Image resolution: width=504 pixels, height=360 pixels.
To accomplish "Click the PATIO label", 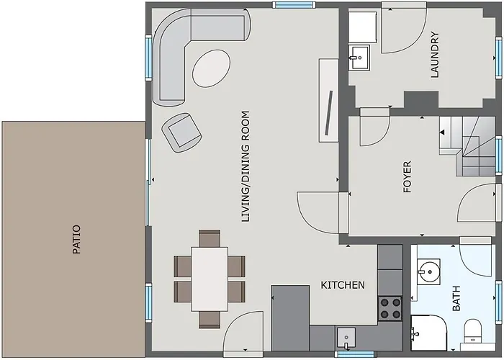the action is pos(76,240).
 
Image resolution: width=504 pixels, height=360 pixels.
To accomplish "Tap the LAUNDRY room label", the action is pos(435,54).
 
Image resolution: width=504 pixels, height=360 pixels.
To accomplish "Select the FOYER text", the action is pos(407,177).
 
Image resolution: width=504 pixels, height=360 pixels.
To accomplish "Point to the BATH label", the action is pos(456,298).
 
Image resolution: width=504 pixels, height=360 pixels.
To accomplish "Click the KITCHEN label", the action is pos(343,285).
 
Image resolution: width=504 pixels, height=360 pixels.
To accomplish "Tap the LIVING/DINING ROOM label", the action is pos(246,166).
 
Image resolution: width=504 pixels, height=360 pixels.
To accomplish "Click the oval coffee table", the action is pos(211,68).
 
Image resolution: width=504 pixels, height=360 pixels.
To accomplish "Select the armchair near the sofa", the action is pos(182,132).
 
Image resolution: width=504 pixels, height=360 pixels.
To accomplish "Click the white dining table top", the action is pos(210,279).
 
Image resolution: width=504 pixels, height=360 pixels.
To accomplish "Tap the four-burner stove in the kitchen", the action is pos(390,308).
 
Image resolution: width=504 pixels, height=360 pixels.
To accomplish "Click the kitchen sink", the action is pos(346,338).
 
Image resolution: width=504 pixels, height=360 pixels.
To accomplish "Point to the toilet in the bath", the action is pos(472,331).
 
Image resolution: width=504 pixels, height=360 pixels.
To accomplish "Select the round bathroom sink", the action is pos(428,271).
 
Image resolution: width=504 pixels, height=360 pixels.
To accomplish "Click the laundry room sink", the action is pos(359,58).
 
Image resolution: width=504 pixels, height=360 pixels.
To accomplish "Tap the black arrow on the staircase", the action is pos(443,132).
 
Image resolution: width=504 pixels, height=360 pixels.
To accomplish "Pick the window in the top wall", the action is pos(294,5).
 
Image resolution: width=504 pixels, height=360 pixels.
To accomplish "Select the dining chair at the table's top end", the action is pos(210,238).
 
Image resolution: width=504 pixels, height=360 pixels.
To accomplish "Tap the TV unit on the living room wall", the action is pos(328,100).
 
